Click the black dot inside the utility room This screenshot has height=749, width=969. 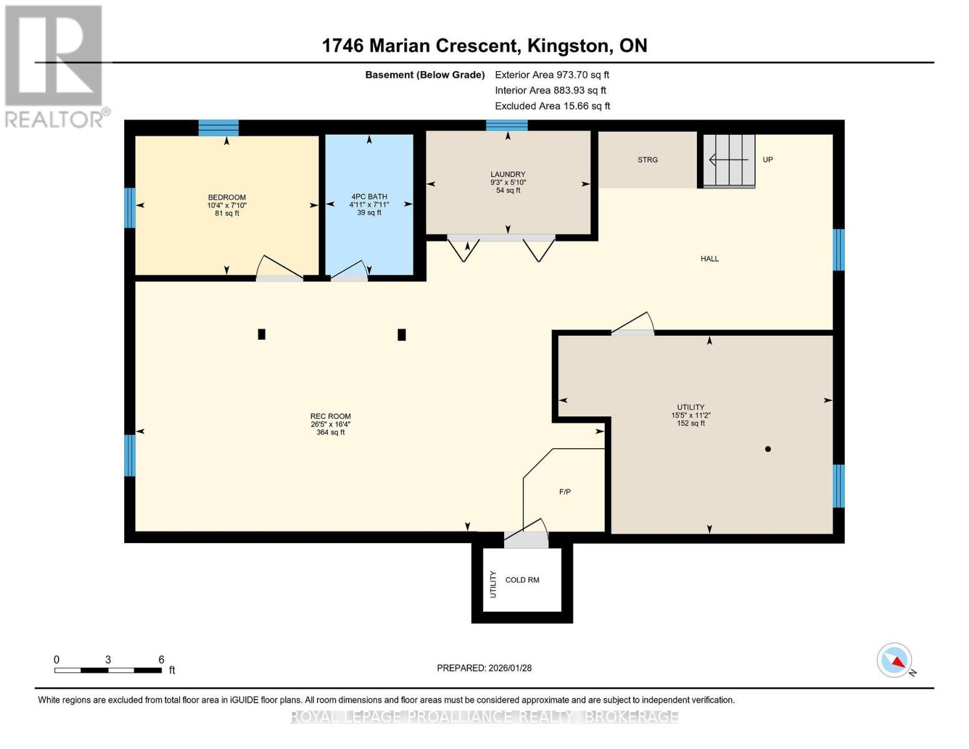click(767, 449)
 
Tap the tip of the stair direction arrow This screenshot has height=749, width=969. click(709, 159)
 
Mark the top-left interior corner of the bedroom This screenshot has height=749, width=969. click(135, 135)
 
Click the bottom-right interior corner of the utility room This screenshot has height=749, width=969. click(832, 533)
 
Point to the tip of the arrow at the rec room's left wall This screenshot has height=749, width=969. click(137, 431)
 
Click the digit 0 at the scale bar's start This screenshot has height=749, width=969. click(57, 659)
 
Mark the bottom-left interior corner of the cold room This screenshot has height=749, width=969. click(484, 611)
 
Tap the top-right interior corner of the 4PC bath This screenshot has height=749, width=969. click(413, 135)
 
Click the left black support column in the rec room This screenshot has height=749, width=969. click(262, 334)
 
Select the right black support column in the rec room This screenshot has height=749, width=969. click(402, 335)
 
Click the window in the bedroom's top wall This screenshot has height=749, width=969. click(218, 127)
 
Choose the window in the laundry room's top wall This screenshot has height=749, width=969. click(507, 125)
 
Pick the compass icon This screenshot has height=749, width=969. click(894, 660)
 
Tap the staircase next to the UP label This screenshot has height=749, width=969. click(729, 160)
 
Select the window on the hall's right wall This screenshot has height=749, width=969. click(839, 250)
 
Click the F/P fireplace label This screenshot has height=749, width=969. click(565, 492)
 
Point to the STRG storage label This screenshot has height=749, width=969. click(648, 160)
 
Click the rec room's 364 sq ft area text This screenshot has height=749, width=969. click(331, 433)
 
